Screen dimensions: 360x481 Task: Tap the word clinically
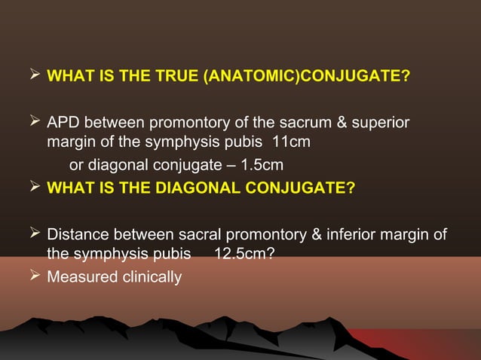click(149, 277)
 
